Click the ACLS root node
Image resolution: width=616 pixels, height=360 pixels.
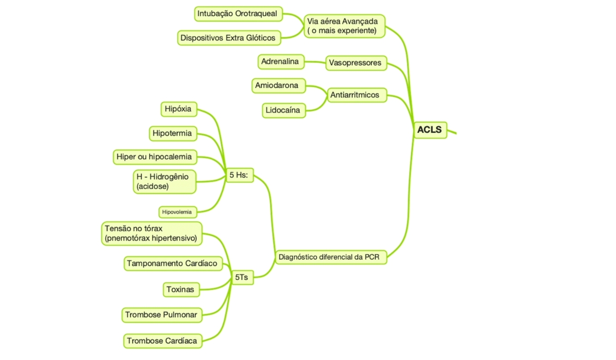coord(429,130)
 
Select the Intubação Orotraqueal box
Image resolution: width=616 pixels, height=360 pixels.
coord(237,14)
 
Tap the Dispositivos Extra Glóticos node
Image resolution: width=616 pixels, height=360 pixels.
coord(229,38)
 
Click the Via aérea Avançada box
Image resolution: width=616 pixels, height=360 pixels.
coord(344,26)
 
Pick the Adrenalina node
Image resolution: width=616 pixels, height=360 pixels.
coord(280,61)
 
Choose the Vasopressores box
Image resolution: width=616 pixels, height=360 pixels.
coord(355,63)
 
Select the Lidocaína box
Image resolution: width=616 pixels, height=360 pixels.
coord(283,110)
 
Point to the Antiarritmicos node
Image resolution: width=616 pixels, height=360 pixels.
coord(355,95)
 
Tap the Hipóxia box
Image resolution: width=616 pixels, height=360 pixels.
coord(178,109)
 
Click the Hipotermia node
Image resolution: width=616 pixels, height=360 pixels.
coord(172,133)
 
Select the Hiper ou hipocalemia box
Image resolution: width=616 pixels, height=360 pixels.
coord(154,157)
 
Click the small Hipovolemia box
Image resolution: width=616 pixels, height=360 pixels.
coord(177,212)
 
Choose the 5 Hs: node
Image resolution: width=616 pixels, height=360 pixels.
coord(239,175)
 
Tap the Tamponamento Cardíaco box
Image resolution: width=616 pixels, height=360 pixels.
coord(172,264)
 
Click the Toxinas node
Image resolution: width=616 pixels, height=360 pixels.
coord(181,290)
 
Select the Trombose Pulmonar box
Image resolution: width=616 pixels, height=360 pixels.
coord(161,315)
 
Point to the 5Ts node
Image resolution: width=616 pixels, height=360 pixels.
coord(242,277)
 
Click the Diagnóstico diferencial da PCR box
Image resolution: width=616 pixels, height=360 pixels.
coord(330,257)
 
